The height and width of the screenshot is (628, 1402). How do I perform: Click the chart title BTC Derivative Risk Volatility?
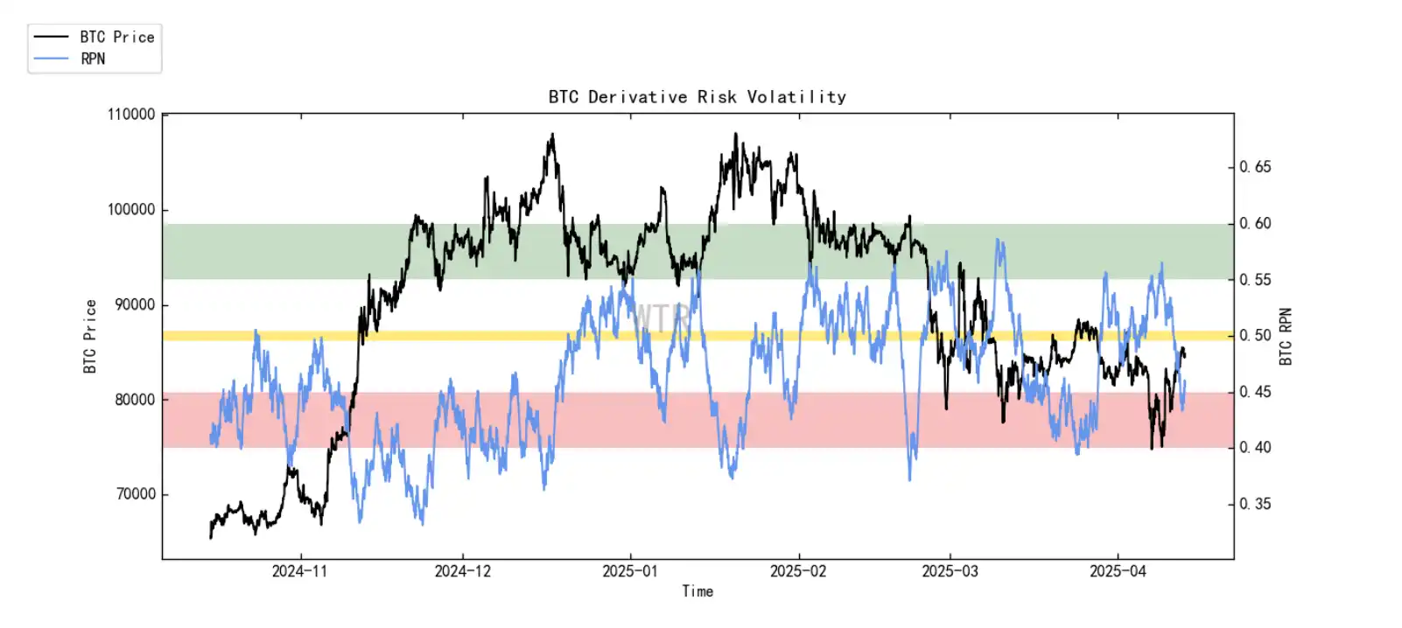click(x=697, y=97)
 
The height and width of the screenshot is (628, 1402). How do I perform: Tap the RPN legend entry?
click(x=93, y=59)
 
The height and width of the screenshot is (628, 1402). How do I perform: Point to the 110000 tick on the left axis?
click(x=131, y=115)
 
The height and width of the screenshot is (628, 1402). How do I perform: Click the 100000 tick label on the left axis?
click(x=131, y=210)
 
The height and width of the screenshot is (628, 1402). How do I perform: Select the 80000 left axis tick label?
click(x=135, y=400)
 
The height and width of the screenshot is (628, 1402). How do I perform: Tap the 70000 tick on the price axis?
click(x=135, y=494)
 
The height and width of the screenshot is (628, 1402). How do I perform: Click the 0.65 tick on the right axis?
click(x=1255, y=167)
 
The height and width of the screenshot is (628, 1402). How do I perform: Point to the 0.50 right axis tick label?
click(x=1255, y=336)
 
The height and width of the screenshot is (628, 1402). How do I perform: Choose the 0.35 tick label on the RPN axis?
click(x=1255, y=504)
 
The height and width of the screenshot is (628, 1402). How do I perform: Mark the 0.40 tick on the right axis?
click(x=1255, y=448)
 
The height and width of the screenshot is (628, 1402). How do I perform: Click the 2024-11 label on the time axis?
click(x=299, y=571)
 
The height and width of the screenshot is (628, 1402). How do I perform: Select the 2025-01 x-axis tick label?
click(x=630, y=571)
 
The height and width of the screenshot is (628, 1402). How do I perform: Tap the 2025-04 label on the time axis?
click(x=1118, y=571)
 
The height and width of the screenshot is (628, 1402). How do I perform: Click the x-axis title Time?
click(x=697, y=591)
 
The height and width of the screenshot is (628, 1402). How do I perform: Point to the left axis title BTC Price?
click(x=90, y=337)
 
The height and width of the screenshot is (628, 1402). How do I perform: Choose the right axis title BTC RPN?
click(x=1285, y=337)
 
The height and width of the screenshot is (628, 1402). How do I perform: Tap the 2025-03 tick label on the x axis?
click(x=950, y=571)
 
